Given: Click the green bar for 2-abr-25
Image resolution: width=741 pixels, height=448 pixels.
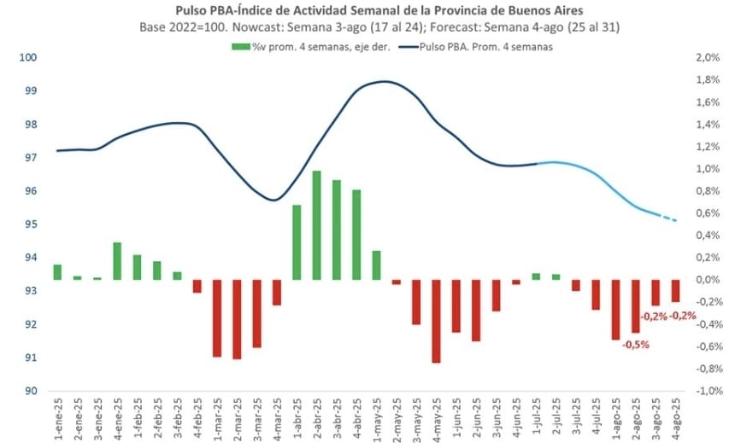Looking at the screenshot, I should click(x=316, y=225).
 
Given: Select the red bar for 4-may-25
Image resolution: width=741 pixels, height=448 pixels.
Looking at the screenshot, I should click(x=436, y=321).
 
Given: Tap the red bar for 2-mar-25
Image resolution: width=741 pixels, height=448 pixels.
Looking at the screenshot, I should click(x=237, y=319).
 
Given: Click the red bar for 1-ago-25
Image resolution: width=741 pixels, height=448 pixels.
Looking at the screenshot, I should click(x=615, y=310).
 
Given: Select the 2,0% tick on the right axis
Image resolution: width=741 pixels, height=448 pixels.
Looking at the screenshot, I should click(x=709, y=57).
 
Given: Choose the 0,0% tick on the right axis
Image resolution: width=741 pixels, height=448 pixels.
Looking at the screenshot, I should click(x=709, y=280).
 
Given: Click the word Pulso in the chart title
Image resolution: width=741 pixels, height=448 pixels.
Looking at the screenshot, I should click(x=191, y=11).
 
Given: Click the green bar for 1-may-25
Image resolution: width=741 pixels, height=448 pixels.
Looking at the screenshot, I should click(x=376, y=265).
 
